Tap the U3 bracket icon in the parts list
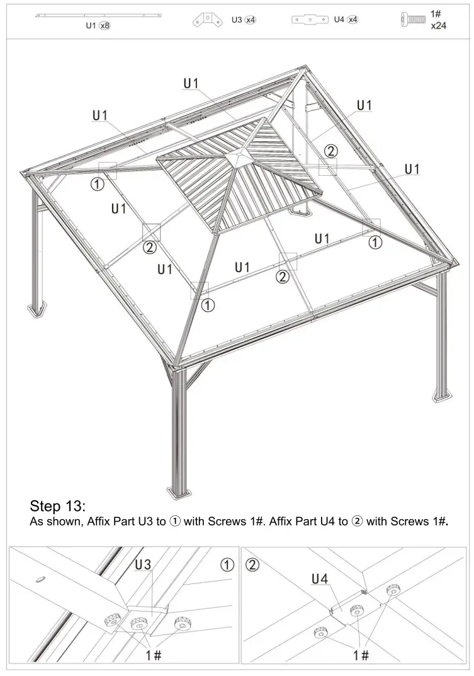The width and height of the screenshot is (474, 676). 208,20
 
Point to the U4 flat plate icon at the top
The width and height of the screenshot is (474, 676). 310,20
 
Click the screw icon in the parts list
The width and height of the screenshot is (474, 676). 412,20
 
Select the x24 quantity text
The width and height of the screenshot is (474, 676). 439,27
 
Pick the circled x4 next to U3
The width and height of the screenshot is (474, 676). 251,20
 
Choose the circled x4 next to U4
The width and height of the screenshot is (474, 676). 353,20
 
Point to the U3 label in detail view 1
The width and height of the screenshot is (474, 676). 143,565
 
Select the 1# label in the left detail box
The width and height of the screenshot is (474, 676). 154,655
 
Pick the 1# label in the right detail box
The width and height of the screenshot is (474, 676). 361,655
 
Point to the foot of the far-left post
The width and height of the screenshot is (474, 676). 38,309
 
